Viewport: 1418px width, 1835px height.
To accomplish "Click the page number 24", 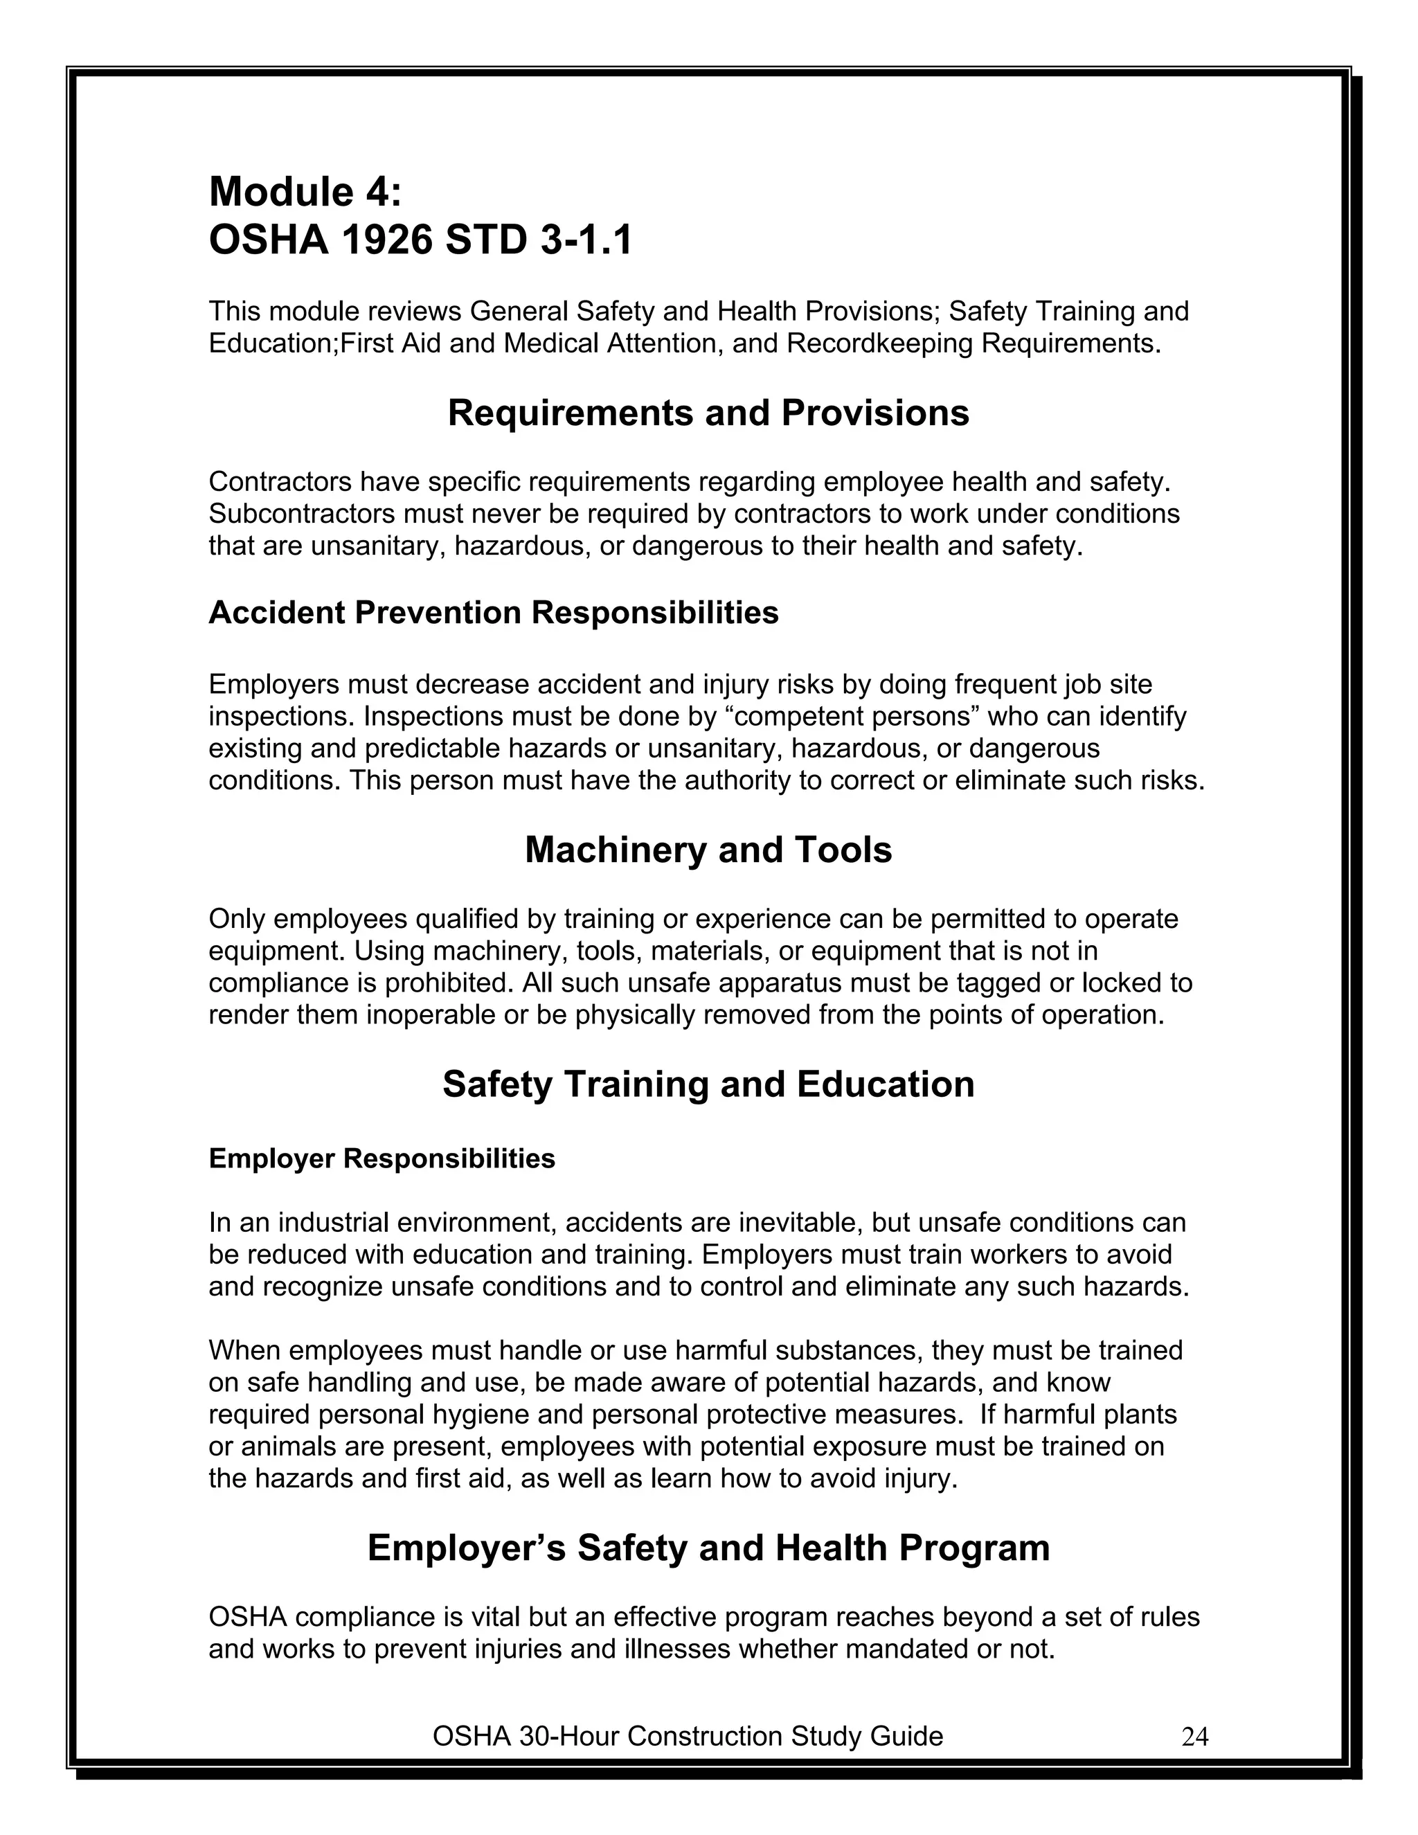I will tap(1194, 1737).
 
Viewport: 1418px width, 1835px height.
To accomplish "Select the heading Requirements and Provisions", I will tap(708, 413).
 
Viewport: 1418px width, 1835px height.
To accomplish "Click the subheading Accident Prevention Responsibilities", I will tap(493, 613).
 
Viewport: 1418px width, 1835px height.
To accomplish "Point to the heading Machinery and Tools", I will tap(708, 850).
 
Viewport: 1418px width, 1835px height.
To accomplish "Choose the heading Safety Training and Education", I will tap(708, 1084).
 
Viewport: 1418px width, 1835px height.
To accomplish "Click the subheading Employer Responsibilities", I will tap(382, 1158).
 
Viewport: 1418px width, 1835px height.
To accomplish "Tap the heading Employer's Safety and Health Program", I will tap(708, 1548).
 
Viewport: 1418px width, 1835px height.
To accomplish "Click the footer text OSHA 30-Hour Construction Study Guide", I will tap(687, 1736).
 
